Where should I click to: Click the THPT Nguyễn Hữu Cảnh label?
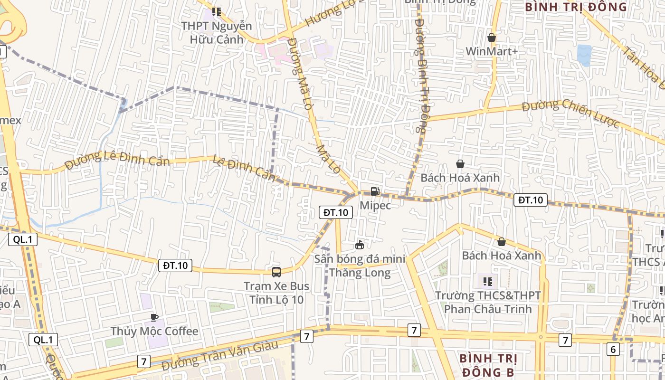217,32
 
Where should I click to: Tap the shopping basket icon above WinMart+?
492,37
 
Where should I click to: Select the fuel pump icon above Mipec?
375,191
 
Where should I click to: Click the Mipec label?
375,205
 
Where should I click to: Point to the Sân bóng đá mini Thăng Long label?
360,266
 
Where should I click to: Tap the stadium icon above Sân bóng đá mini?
360,245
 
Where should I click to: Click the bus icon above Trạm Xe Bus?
276,272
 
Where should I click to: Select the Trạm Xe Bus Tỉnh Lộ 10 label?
276,293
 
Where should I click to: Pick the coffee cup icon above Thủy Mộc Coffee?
154,317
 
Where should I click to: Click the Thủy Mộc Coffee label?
154,331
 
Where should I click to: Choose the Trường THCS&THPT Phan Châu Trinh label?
488,302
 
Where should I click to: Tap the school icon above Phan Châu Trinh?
487,282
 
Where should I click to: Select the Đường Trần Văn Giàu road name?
219,356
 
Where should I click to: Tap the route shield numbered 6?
613,350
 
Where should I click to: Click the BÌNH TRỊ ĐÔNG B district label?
488,364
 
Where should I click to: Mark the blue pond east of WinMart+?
584,55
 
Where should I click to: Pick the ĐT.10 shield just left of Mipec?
335,213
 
